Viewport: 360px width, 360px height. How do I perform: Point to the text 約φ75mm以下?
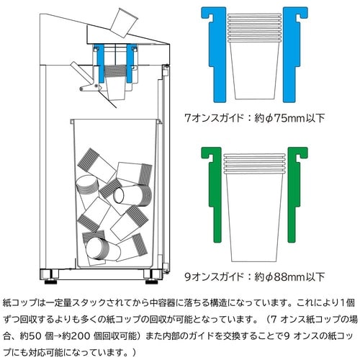click(x=287, y=117)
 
